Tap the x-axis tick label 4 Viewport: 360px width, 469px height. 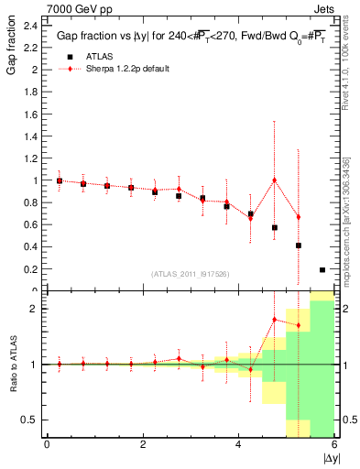tap(238, 444)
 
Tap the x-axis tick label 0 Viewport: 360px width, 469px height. tap(47, 444)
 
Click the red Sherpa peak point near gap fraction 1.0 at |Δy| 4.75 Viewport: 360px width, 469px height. tap(274, 180)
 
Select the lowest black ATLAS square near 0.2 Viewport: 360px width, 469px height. tap(322, 269)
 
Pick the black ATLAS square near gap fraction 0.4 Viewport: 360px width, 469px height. tap(298, 245)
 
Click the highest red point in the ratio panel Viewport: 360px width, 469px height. tap(274, 320)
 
